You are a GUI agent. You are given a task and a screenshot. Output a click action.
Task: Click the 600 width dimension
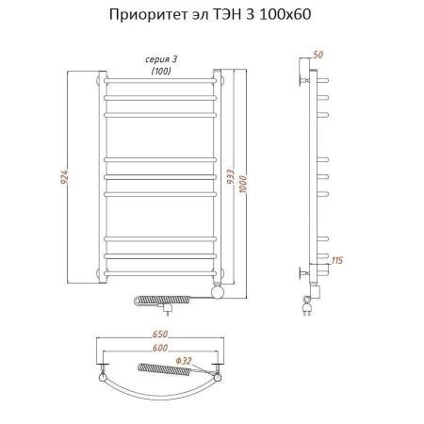pyautogui.click(x=160, y=350)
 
